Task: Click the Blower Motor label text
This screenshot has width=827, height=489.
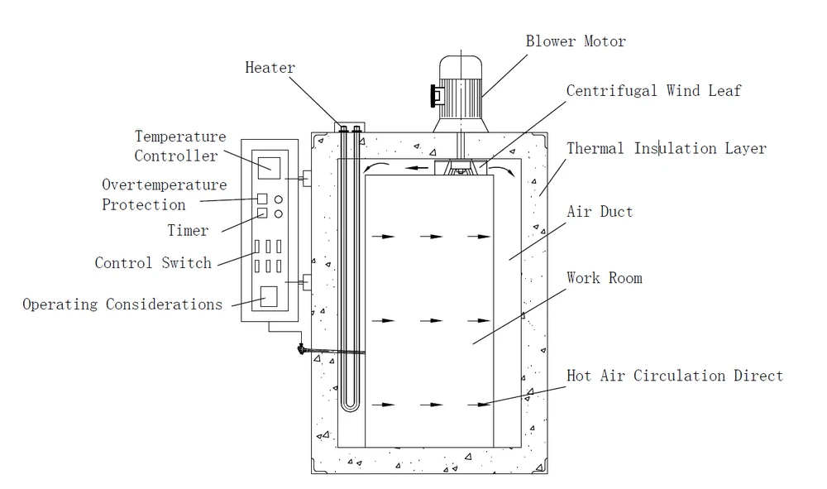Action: pos(576,41)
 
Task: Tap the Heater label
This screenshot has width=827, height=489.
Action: pos(270,68)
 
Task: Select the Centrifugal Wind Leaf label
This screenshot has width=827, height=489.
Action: pos(653,90)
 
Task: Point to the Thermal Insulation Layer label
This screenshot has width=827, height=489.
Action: pos(666,149)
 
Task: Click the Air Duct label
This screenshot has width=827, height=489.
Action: pos(600,212)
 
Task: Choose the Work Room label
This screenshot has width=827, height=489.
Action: pos(604,278)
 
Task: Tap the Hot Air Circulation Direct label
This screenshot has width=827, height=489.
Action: pos(674,376)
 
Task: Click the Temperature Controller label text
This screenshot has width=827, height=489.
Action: pos(180,146)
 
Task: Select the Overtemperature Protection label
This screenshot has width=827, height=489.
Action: pos(164,194)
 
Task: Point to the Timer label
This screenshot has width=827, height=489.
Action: pos(188,231)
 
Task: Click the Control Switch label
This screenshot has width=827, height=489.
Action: pos(153,263)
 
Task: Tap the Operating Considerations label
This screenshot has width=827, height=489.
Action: pos(122,304)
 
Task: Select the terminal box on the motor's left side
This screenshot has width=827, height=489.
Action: pos(434,97)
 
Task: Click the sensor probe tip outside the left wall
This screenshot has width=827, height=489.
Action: pos(299,351)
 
